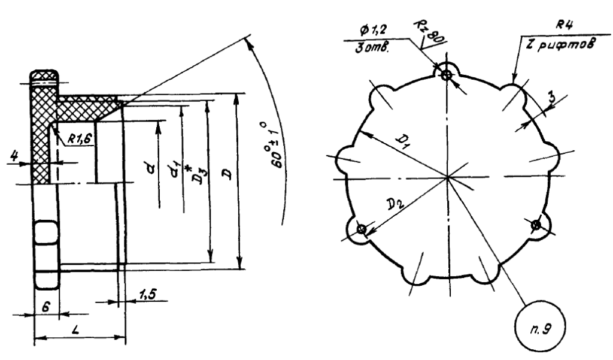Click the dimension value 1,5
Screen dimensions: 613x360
coord(147,294)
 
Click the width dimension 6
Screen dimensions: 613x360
coord(45,307)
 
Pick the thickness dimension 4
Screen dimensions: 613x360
coord(14,156)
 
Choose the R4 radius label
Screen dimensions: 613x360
coord(565,25)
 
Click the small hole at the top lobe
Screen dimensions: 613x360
coord(446,74)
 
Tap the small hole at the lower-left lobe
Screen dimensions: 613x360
coord(362,229)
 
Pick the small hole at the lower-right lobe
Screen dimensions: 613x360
coord(536,225)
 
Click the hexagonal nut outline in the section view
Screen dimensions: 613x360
coord(47,255)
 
